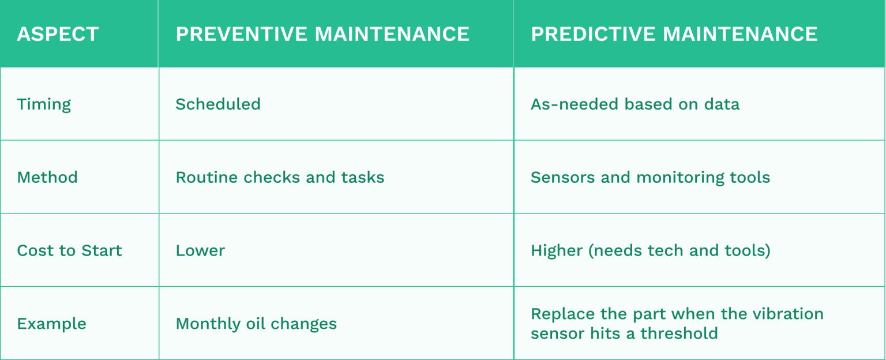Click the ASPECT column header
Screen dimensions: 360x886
pos(58,34)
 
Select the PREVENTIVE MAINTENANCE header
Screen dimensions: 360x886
pos(322,34)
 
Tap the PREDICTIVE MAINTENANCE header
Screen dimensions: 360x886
pos(674,34)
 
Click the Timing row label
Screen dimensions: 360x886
pos(44,104)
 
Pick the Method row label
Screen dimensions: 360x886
pos(47,177)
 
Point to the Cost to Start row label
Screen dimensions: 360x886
pos(69,250)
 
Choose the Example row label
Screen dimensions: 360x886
pos(51,324)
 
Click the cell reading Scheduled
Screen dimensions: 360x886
pos(218,104)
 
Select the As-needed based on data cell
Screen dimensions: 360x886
pos(635,104)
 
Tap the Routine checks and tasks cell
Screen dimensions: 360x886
pos(280,177)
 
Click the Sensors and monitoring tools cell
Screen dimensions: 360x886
pos(650,177)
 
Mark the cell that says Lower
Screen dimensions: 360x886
pos(200,250)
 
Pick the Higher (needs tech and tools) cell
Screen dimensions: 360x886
pos(650,250)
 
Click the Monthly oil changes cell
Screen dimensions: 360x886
pos(256,324)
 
